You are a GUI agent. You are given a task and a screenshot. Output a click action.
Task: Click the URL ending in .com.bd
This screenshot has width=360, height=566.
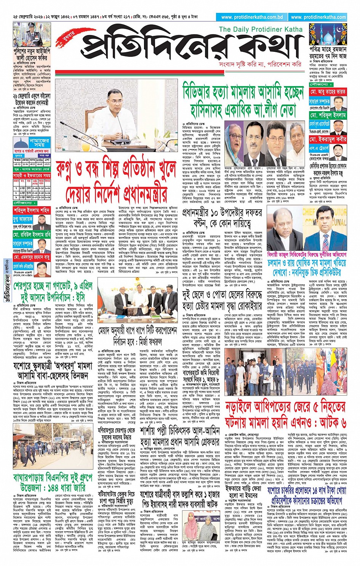click(252, 17)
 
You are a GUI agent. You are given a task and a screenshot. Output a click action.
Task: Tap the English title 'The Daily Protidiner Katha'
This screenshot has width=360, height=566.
click(261, 29)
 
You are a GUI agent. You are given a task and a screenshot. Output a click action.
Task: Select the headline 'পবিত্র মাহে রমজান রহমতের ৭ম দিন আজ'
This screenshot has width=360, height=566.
click(328, 52)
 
